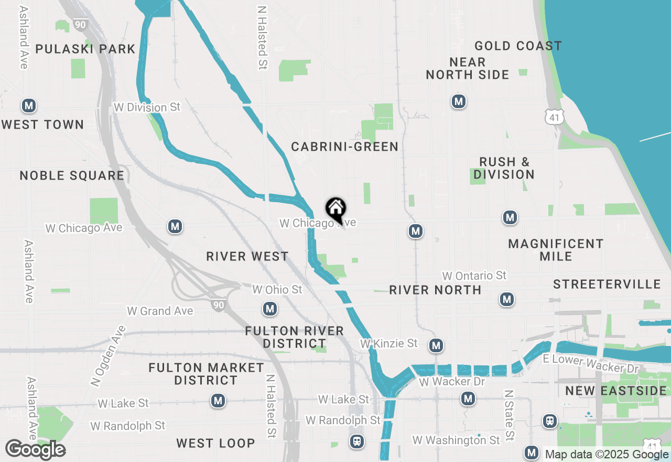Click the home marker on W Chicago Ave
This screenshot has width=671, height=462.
tap(335, 209)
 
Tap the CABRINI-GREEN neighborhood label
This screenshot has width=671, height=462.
tap(345, 146)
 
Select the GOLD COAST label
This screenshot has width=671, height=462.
tap(518, 46)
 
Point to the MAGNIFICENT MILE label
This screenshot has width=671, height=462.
tap(556, 250)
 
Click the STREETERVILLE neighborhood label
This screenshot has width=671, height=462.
tap(607, 284)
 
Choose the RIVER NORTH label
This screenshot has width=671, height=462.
tap(435, 290)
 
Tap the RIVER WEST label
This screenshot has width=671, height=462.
tap(247, 256)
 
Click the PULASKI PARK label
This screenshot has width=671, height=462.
tap(85, 49)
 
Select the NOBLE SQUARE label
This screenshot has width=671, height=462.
tap(72, 175)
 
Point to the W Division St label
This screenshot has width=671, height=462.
tap(147, 107)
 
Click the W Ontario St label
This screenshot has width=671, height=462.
tap(474, 276)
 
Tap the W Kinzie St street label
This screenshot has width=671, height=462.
tap(389, 343)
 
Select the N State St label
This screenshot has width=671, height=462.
tap(508, 415)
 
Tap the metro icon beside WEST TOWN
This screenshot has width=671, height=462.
tap(29, 106)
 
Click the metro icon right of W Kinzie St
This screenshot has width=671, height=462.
tap(436, 345)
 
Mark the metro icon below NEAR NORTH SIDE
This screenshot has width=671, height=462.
tap(459, 101)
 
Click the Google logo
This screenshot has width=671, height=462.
tap(35, 449)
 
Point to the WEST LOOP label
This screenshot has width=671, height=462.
tap(215, 443)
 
